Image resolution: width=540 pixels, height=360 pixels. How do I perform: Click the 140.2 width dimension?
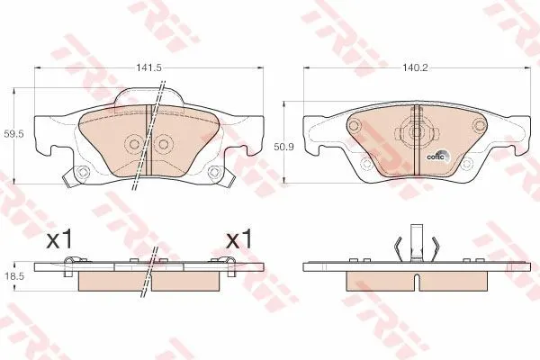tap(415, 67)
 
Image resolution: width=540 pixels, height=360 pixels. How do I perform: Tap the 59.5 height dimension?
tap(13, 134)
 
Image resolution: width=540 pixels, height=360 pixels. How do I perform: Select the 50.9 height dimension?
tap(283, 147)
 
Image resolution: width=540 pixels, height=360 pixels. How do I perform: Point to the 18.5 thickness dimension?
tap(13, 276)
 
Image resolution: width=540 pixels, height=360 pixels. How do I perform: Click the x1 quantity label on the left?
tap(59, 239)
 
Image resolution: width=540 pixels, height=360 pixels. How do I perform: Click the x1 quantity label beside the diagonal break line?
tap(238, 239)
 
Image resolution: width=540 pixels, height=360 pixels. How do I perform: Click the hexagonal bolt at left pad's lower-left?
tap(82, 171)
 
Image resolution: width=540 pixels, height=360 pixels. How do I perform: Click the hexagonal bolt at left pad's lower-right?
tap(214, 171)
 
